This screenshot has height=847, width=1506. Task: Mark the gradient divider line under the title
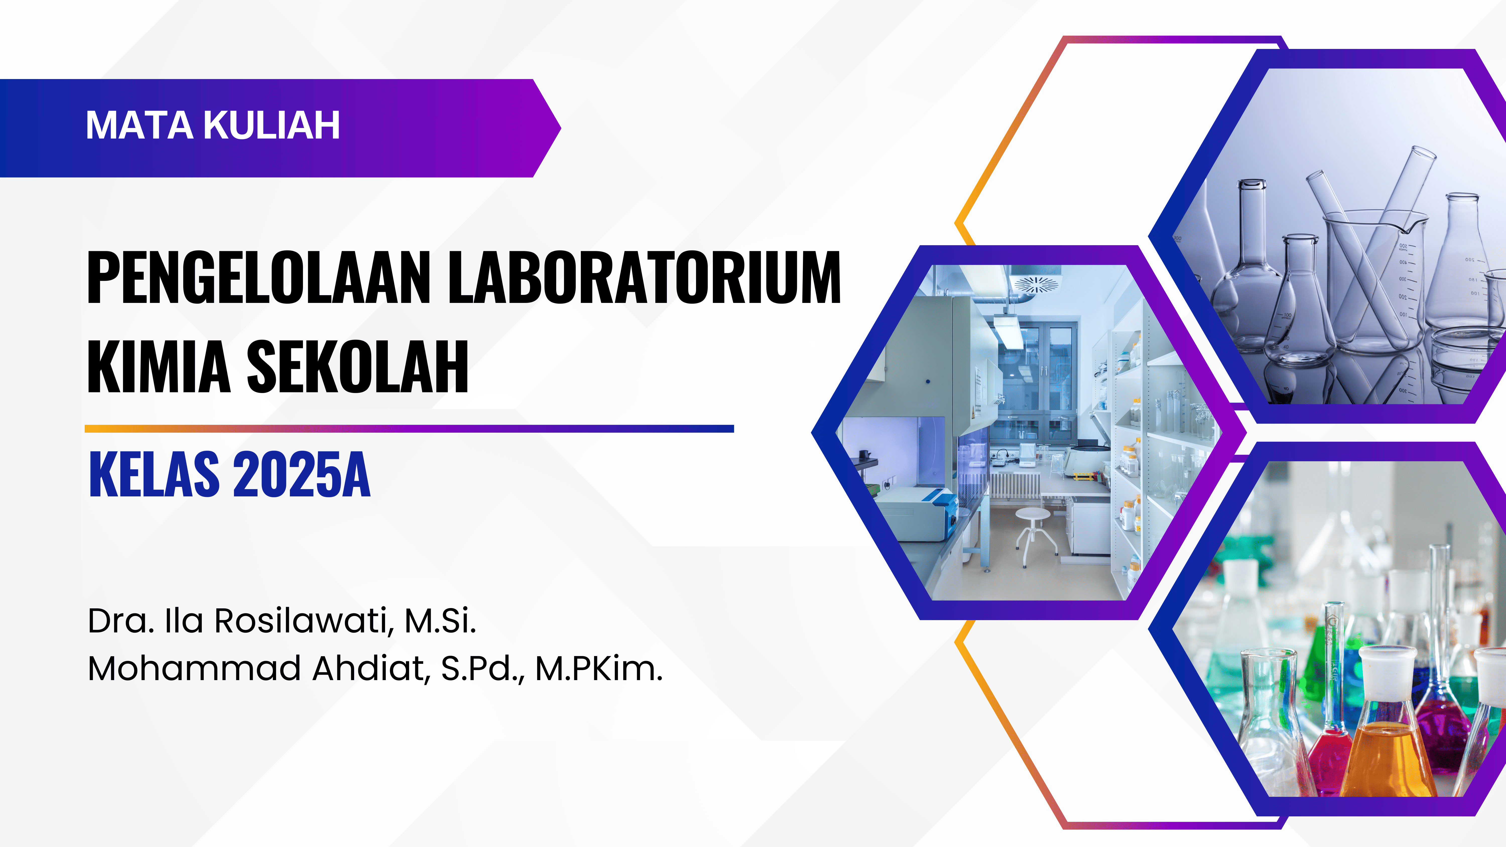409,428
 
